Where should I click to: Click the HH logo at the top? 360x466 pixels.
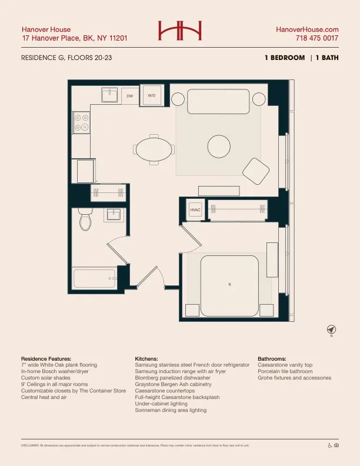click(179, 31)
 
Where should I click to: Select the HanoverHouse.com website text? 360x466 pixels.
click(307, 29)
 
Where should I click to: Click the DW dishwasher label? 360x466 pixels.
click(130, 95)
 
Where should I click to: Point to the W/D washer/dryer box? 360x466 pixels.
click(151, 95)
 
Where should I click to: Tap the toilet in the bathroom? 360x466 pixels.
click(85, 219)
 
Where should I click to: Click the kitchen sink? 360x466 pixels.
click(109, 95)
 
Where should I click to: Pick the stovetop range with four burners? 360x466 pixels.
click(81, 122)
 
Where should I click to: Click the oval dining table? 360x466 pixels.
click(154, 148)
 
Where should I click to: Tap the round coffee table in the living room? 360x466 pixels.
click(219, 146)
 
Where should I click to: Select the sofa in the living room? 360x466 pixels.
click(218, 102)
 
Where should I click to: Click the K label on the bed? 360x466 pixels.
click(229, 284)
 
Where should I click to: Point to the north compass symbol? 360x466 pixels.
click(331, 329)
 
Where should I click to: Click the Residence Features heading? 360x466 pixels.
click(46, 358)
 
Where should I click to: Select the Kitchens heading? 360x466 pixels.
click(146, 358)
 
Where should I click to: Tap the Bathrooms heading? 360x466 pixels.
click(272, 358)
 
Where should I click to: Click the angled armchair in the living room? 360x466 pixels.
click(256, 171)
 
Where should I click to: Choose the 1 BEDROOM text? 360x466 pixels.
click(285, 58)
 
